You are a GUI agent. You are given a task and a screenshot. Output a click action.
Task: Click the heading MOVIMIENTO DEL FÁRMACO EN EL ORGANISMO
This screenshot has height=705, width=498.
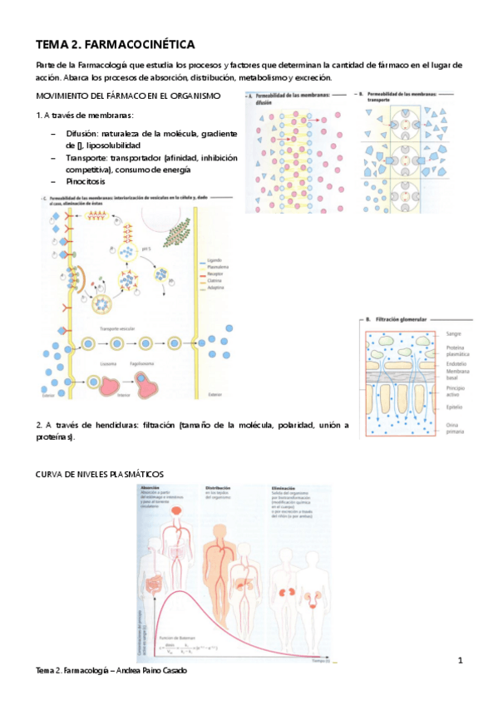pyautogui.click(x=128, y=96)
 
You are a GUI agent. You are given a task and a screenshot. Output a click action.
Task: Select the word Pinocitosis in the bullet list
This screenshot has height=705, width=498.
pyautogui.click(x=87, y=180)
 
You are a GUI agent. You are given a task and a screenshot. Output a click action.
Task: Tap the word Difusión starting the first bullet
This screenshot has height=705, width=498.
pyautogui.click(x=83, y=134)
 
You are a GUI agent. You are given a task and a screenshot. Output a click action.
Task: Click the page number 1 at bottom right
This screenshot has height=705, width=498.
pyautogui.click(x=459, y=660)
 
